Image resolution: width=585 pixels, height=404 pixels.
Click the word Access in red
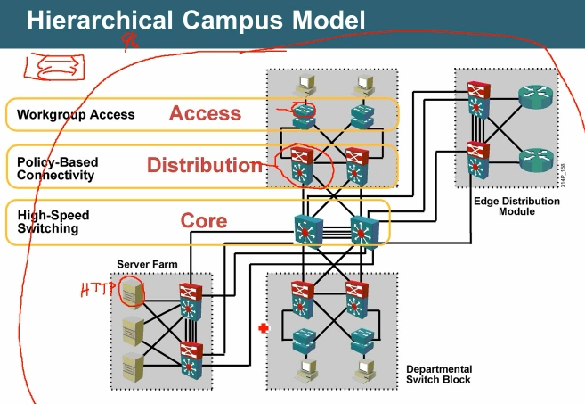[x=205, y=113]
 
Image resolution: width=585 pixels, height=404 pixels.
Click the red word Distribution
[x=208, y=165]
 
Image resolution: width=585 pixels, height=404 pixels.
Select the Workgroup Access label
[x=75, y=114]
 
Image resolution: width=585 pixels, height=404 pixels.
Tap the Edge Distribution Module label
[x=516, y=207]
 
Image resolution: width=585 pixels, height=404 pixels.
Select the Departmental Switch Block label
[x=439, y=374]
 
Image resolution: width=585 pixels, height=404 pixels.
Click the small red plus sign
[x=262, y=329]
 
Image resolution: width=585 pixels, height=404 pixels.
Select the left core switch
[x=308, y=229]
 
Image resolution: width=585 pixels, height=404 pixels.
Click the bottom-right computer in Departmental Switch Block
[x=363, y=368]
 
